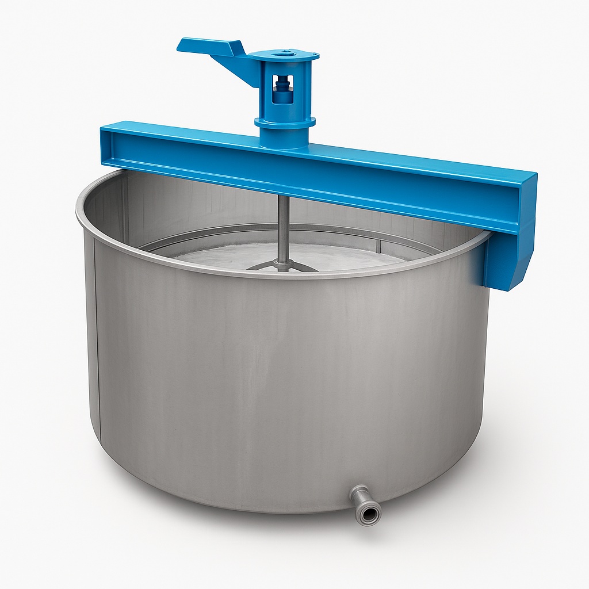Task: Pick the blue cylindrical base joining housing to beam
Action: click(x=284, y=137)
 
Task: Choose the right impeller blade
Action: click(x=305, y=267)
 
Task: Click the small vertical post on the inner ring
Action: click(x=378, y=246)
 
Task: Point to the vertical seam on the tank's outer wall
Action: click(x=97, y=345)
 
